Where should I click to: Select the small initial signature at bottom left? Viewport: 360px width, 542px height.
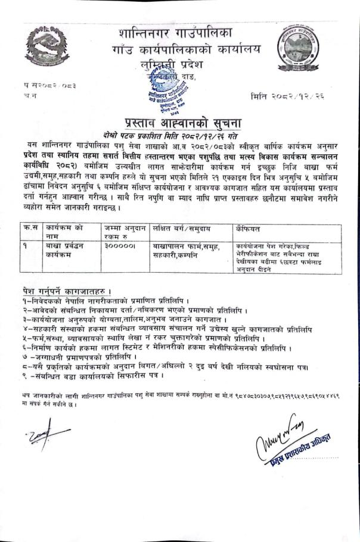37,437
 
